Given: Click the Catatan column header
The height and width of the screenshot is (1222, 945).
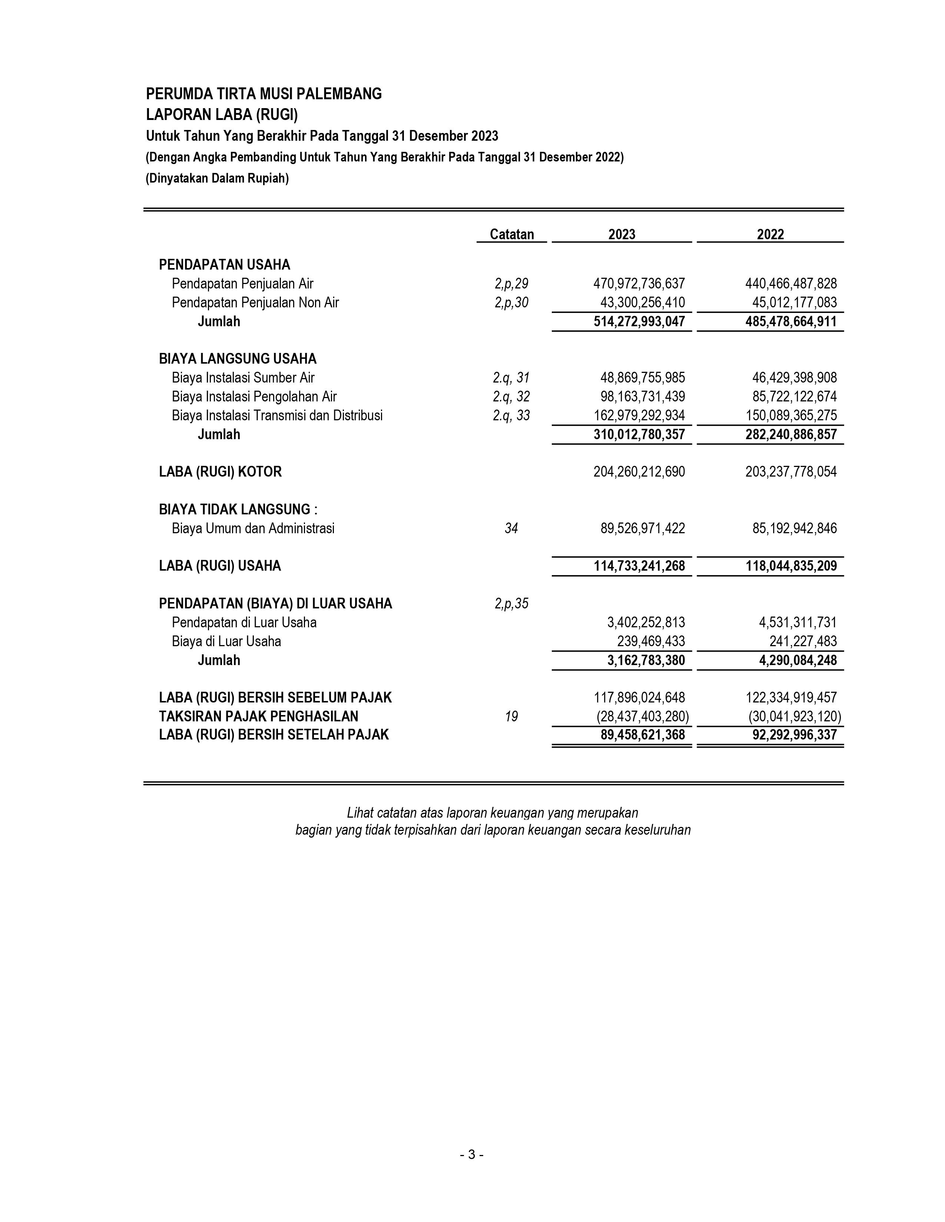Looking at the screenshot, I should tap(512, 234).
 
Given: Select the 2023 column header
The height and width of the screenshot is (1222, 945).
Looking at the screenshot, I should tap(621, 234).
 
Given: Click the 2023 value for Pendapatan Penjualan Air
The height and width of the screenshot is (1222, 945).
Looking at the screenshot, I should tap(639, 284).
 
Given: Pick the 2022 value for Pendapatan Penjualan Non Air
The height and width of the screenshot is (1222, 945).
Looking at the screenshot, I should tap(795, 303).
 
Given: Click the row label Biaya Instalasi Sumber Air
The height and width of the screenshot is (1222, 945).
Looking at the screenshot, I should tap(243, 378).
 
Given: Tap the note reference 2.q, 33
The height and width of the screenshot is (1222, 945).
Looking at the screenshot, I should tap(511, 416).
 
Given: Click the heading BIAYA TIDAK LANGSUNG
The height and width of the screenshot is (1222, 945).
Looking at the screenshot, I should tap(238, 510).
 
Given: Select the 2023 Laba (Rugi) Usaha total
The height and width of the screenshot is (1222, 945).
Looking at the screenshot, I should tap(639, 566).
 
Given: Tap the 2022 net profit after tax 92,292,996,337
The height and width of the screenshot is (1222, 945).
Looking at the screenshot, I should tap(795, 735).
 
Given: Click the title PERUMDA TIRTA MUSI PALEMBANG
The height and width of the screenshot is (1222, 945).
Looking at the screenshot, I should tap(264, 94).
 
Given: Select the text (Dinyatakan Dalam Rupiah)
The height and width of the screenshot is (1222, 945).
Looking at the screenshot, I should tap(217, 179).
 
